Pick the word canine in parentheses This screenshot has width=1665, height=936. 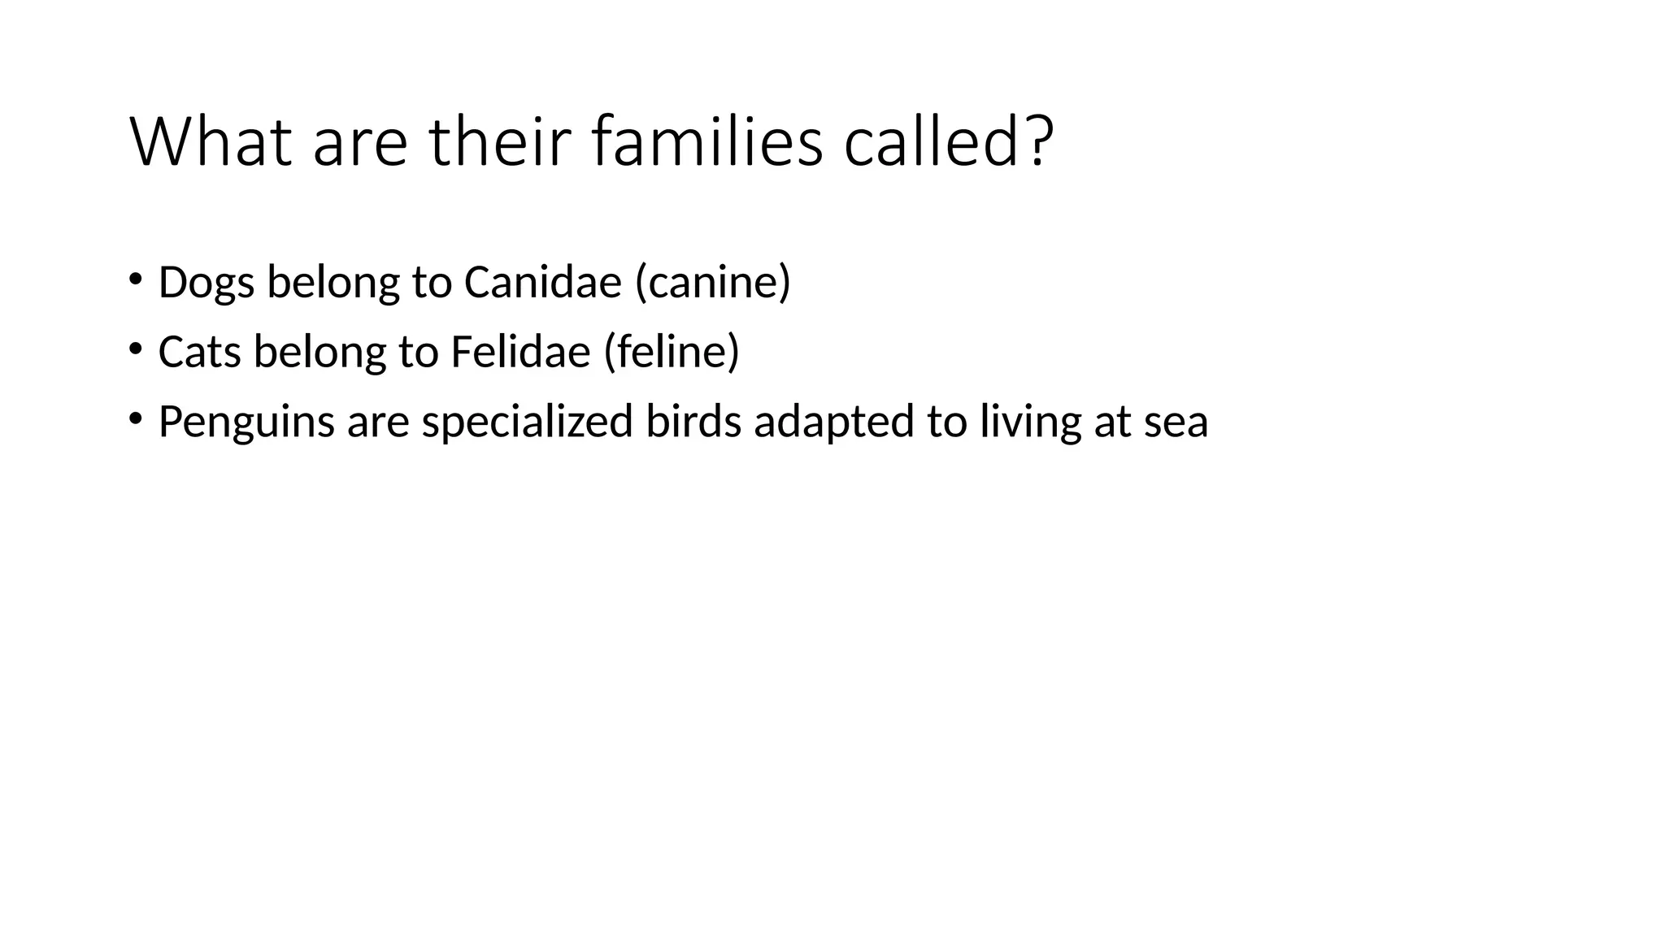[x=713, y=283]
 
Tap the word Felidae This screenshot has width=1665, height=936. [x=520, y=352]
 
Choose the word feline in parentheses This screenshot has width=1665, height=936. [x=672, y=352]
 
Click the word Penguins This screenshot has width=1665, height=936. [x=246, y=422]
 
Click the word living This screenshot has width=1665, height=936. [x=1030, y=422]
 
